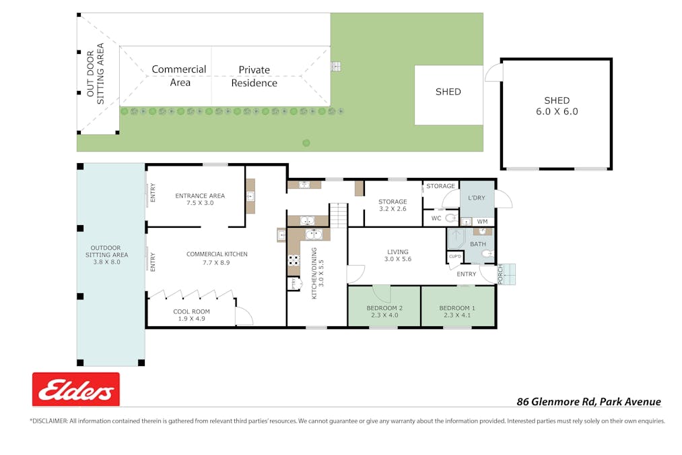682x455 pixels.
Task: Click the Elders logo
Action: (x=76, y=390)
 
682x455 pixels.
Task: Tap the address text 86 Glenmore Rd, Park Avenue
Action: (x=588, y=402)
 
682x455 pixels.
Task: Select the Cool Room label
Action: (x=191, y=315)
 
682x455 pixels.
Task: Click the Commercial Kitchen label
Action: (x=217, y=258)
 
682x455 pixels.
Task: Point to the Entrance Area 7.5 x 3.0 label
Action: (x=199, y=199)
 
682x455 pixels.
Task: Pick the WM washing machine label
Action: (x=482, y=221)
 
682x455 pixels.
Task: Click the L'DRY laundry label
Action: (x=477, y=198)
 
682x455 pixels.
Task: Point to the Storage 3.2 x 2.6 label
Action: (x=392, y=205)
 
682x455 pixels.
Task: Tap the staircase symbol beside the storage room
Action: (x=338, y=216)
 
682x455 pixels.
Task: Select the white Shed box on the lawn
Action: (x=448, y=94)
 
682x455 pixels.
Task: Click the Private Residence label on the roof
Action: (x=254, y=76)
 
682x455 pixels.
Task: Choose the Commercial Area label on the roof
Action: (x=179, y=75)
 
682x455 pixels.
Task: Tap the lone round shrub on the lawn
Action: (x=306, y=142)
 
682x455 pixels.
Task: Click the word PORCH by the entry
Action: (x=501, y=274)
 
